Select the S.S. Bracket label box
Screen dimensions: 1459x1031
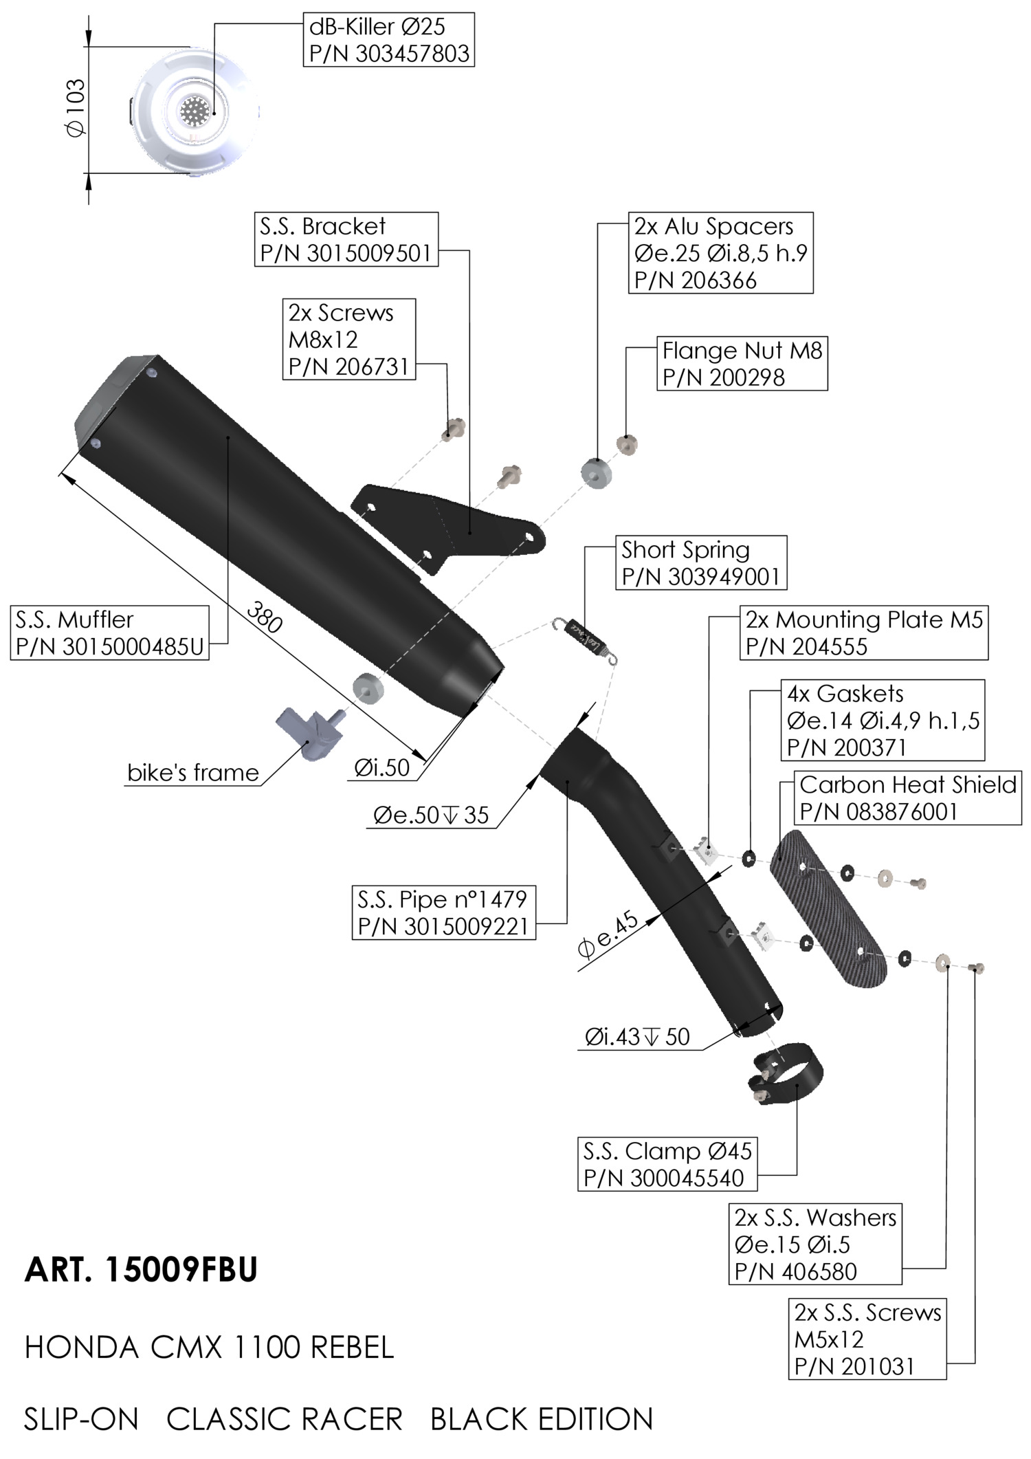(346, 239)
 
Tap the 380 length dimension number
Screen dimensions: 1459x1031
(264, 617)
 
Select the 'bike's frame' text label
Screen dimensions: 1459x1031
(193, 773)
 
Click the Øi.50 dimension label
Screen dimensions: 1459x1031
(382, 767)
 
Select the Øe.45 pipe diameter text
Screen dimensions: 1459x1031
(608, 935)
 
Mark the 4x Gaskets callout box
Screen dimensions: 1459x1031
(883, 720)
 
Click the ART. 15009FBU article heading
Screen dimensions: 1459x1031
(141, 1270)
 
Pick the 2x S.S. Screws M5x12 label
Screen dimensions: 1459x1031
(867, 1339)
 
